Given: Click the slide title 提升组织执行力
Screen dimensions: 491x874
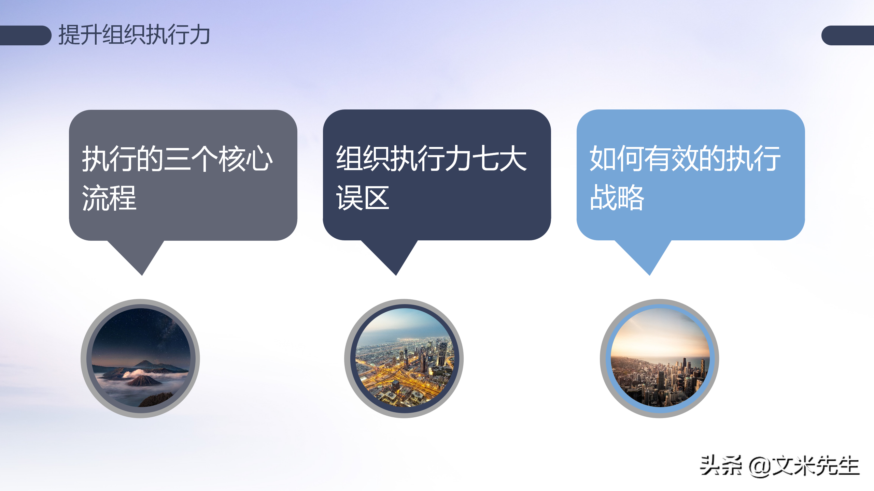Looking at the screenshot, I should pos(134,35).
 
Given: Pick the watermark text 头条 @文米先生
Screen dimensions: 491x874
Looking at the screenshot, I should pos(779,465).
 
